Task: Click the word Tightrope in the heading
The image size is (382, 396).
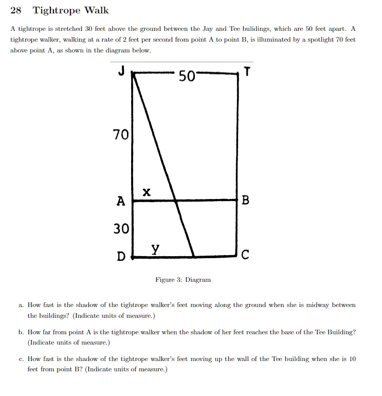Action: [55, 11]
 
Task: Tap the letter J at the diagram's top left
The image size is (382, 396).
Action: [121, 72]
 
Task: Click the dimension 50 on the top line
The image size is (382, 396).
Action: [187, 77]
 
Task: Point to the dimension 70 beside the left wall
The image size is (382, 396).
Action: [121, 135]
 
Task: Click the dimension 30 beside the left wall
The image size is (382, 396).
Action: [121, 228]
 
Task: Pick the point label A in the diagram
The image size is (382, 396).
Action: [120, 201]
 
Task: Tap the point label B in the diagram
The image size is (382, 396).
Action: [245, 201]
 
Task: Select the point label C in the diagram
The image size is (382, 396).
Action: [245, 255]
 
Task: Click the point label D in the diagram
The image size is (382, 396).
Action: [121, 256]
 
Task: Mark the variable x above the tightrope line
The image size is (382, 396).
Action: [147, 192]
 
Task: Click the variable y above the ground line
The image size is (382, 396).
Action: [155, 249]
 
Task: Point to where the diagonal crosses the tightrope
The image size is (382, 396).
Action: [176, 201]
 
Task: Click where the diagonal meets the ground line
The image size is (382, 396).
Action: [194, 256]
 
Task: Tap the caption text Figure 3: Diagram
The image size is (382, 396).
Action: [183, 280]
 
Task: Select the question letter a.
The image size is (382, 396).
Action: [21, 305]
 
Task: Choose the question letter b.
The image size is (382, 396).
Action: [21, 332]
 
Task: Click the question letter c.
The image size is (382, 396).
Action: [21, 359]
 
